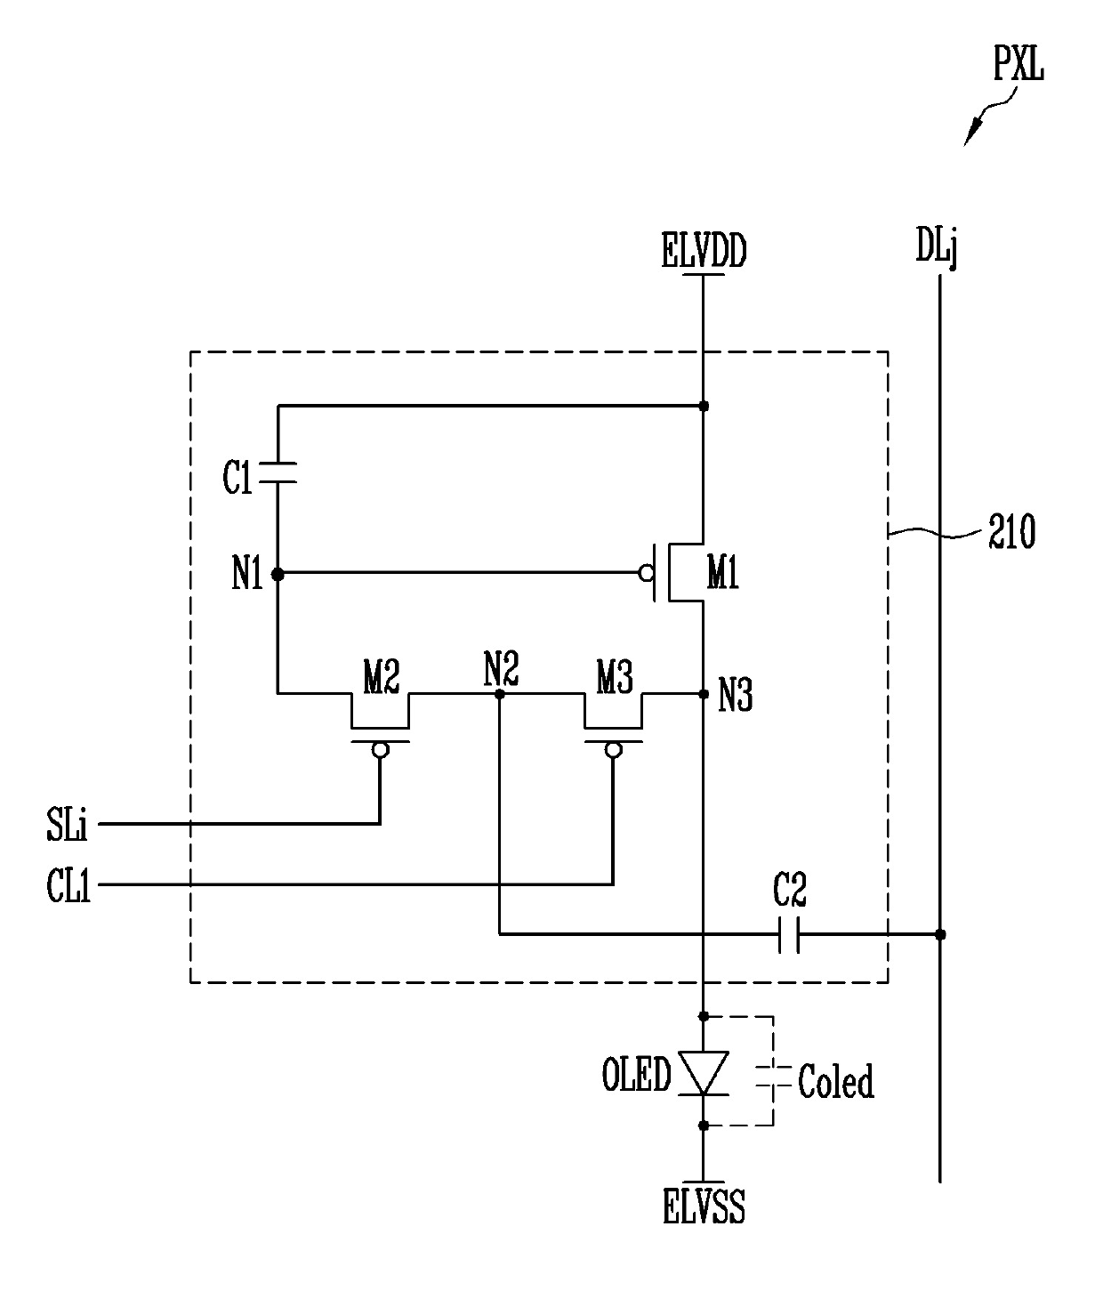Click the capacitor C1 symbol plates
pos(278,472)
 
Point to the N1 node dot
pos(278,574)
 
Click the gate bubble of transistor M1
pos(647,573)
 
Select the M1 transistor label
pos(722,572)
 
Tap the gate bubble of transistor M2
pos(381,749)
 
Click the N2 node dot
pos(499,694)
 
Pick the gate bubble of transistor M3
pos(614,749)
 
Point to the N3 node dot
pos(704,694)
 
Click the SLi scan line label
pos(67,826)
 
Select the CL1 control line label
pos(68,885)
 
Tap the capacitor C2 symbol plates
pos(789,934)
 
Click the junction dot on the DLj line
pos(940,934)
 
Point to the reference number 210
pos(1011,531)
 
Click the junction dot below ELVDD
pos(704,406)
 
